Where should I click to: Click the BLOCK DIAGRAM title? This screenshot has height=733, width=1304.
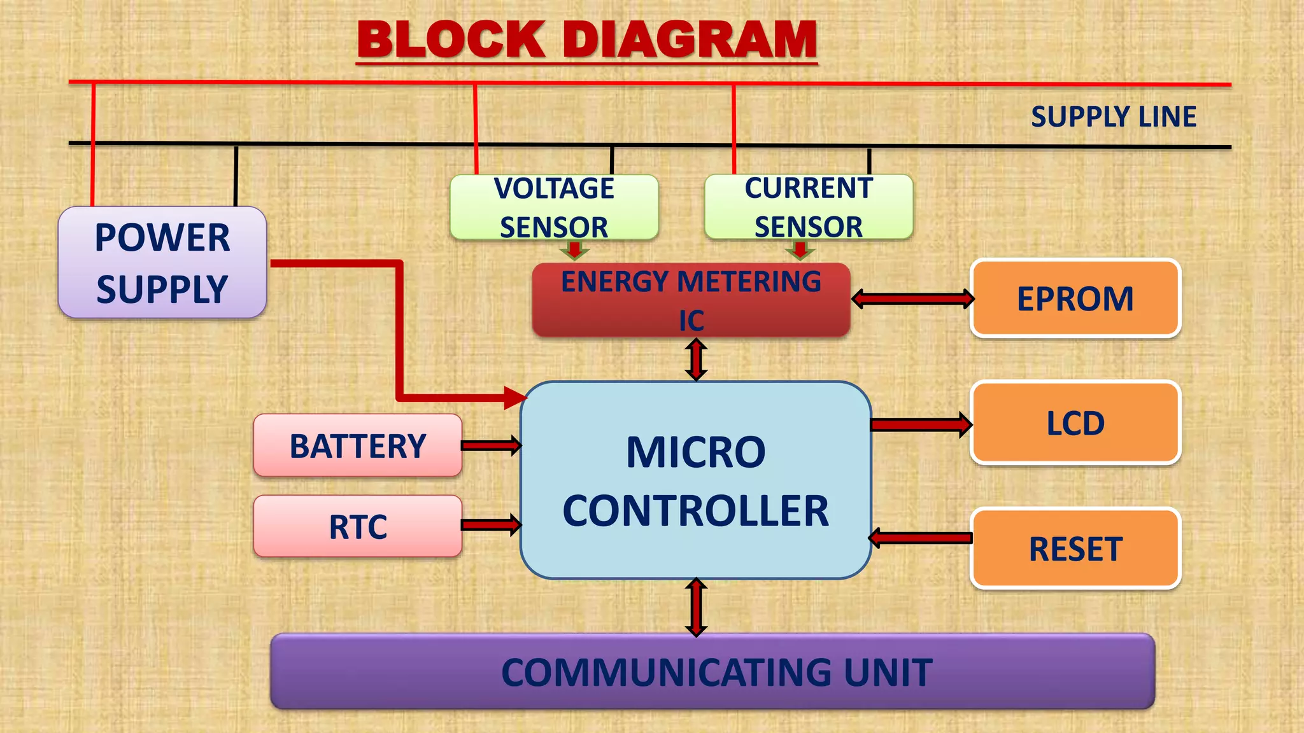point(587,39)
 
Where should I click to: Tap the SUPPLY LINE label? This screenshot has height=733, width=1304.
point(1113,117)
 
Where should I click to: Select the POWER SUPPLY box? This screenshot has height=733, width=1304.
point(162,263)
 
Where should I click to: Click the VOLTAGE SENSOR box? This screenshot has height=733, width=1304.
point(554,207)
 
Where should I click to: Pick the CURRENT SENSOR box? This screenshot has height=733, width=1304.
point(808,207)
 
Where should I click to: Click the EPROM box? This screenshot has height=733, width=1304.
point(1075,298)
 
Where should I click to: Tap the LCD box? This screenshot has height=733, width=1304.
point(1075,423)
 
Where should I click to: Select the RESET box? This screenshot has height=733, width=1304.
point(1075,548)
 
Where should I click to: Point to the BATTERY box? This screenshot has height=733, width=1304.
point(357,445)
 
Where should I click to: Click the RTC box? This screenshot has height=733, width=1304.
point(357,526)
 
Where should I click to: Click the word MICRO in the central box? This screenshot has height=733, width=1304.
point(695,452)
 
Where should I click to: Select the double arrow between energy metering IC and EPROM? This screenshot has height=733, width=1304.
point(912,298)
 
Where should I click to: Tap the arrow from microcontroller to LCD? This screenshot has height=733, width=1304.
point(921,424)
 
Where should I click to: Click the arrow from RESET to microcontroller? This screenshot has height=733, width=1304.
point(920,538)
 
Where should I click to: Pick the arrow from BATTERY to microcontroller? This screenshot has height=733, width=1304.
point(491,445)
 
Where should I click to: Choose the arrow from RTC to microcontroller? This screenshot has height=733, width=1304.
point(491,525)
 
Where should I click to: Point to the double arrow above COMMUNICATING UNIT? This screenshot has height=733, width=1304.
point(696,607)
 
